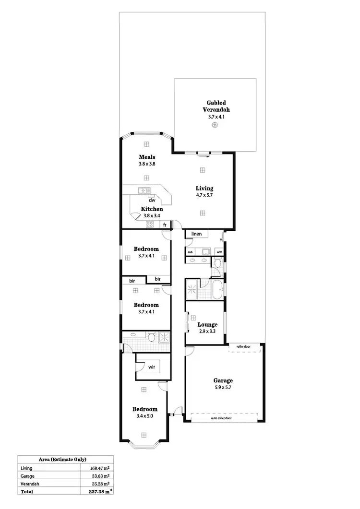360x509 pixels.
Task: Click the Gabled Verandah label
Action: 216,106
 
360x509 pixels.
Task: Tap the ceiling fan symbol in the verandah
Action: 215,126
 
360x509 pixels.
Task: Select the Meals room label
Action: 146,157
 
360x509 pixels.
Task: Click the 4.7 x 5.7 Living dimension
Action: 204,195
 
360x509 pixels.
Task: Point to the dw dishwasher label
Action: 152,201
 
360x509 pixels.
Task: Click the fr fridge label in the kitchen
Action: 165,225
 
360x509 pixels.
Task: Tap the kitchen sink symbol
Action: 144,190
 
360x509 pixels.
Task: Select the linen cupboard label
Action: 196,234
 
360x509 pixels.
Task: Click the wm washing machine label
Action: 219,251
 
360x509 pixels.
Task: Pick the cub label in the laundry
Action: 190,251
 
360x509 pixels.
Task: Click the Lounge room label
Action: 208,324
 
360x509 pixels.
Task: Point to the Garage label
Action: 223,380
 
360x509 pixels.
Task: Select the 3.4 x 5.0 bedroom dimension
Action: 144,416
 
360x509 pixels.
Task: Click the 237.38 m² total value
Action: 100,492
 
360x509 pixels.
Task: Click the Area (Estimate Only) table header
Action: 66,459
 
